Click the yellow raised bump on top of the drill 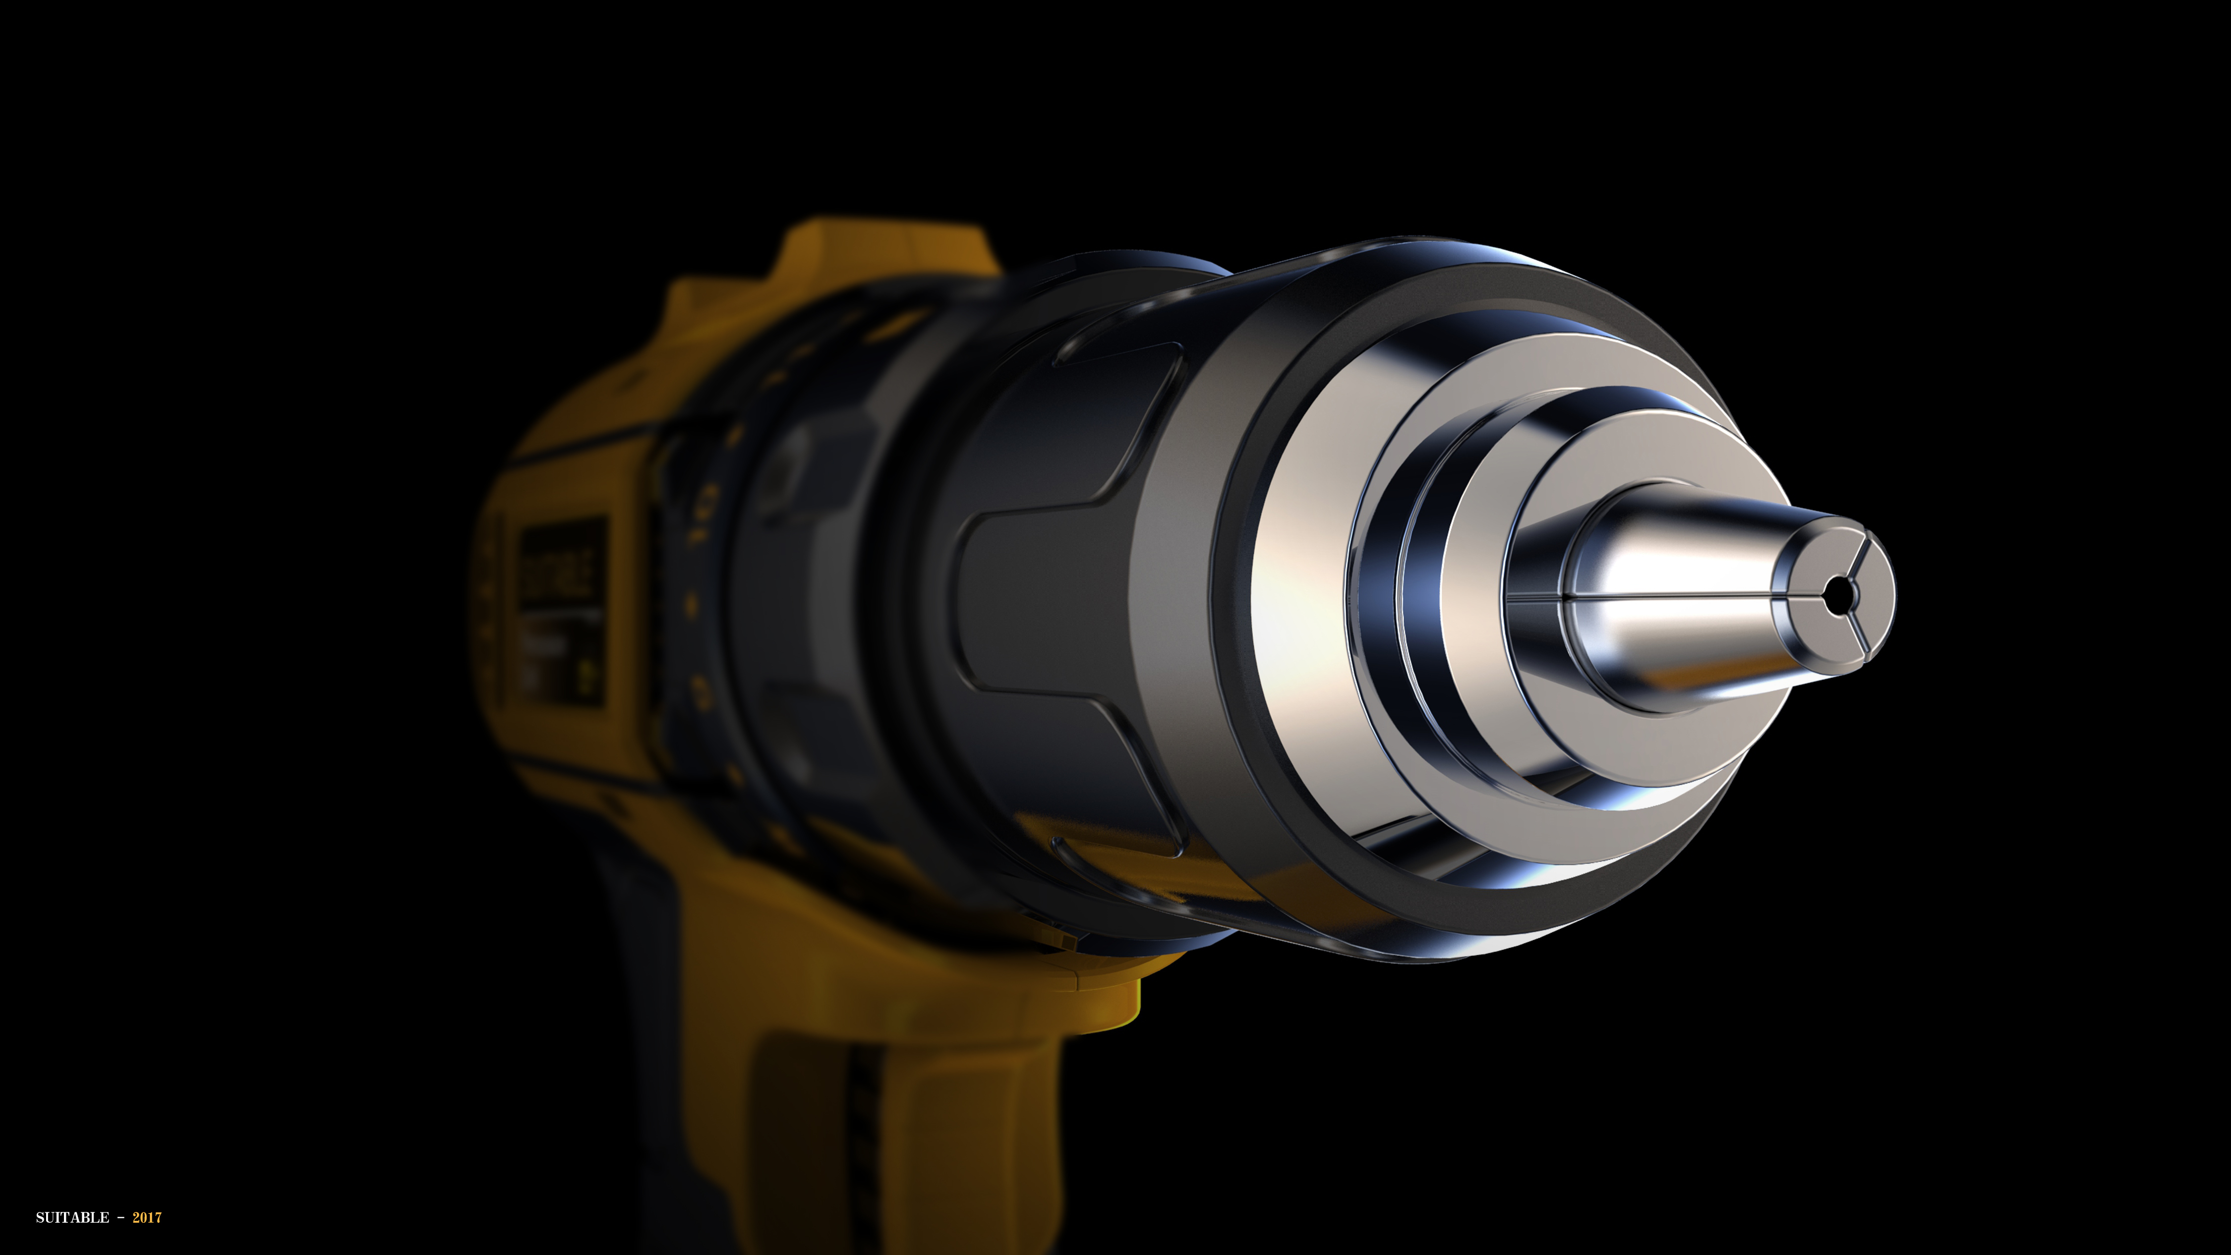pyautogui.click(x=883, y=251)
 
